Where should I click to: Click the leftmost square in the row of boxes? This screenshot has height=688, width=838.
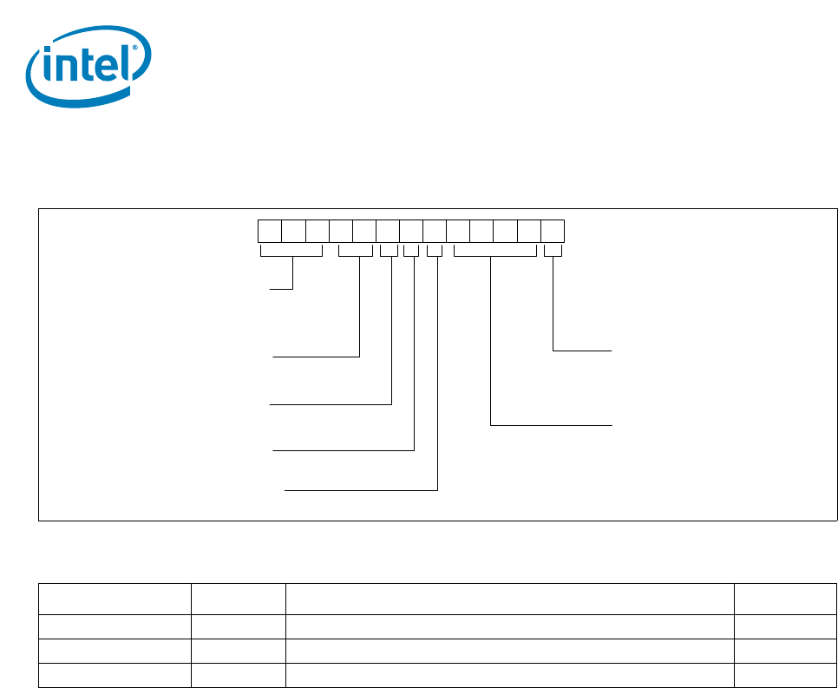pos(270,232)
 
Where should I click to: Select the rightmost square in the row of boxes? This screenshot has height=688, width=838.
pos(553,232)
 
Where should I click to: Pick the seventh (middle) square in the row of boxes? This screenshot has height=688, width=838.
pos(411,232)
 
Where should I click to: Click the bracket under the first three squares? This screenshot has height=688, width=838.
pos(291,252)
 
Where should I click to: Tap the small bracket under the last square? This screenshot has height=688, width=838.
pos(553,252)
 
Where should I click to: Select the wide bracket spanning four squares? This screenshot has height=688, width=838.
pos(494,252)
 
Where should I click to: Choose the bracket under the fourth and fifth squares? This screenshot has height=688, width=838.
pos(355,252)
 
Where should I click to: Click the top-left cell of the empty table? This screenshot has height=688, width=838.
pos(115,599)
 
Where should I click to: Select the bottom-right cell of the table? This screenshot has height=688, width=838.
pos(785,675)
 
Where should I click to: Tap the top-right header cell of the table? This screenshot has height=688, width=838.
pos(785,599)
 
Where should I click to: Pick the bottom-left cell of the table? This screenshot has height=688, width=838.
pos(115,675)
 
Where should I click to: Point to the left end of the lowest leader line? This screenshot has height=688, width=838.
pos(286,490)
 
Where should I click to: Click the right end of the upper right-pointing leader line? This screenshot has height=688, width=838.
pos(612,351)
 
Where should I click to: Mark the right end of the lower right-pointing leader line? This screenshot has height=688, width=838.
pos(612,425)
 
